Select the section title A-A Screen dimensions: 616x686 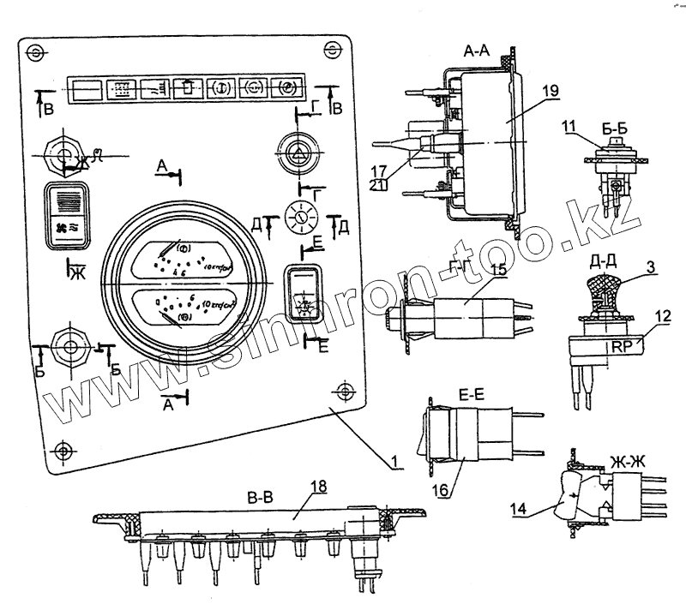(478, 52)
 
